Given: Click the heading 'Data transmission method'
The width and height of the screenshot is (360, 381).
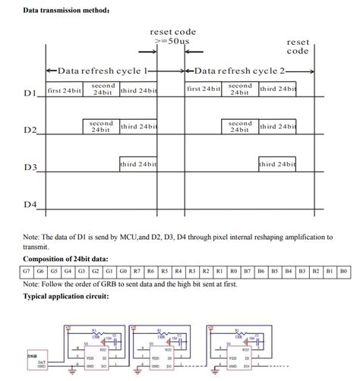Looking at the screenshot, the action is [x=66, y=11].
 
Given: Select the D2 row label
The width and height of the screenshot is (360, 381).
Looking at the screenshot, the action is [x=30, y=131].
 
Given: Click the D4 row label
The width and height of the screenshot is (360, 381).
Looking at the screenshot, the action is [x=30, y=204].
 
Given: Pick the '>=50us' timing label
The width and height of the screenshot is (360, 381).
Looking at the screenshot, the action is [x=171, y=41].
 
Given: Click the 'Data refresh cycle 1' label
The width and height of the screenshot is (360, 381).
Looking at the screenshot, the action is [x=102, y=70].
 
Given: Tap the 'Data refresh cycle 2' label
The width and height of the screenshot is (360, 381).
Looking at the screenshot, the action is [x=241, y=70].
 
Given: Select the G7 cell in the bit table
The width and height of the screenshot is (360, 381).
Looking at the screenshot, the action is [x=27, y=271].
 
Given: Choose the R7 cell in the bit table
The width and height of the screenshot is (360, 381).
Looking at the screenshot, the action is [x=137, y=271].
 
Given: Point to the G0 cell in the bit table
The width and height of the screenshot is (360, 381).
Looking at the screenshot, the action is [x=123, y=271].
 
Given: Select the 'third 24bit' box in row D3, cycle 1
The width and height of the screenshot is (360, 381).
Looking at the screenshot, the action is [x=138, y=164].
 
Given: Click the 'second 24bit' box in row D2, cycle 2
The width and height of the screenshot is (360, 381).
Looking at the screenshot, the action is [x=240, y=126].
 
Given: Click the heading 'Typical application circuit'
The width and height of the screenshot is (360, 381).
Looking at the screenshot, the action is [x=66, y=296].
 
